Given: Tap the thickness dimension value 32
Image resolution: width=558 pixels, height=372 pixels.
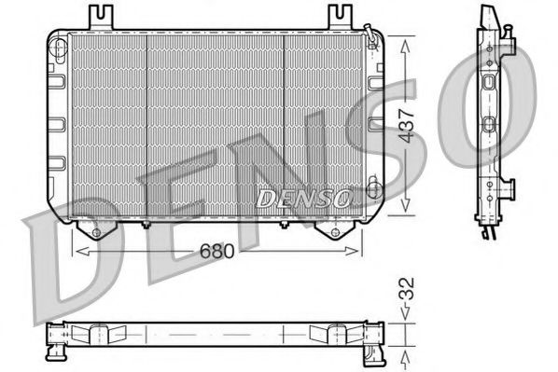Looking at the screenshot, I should [404, 298].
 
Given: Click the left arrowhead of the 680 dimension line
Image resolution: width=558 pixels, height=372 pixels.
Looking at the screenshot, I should [77, 250].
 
